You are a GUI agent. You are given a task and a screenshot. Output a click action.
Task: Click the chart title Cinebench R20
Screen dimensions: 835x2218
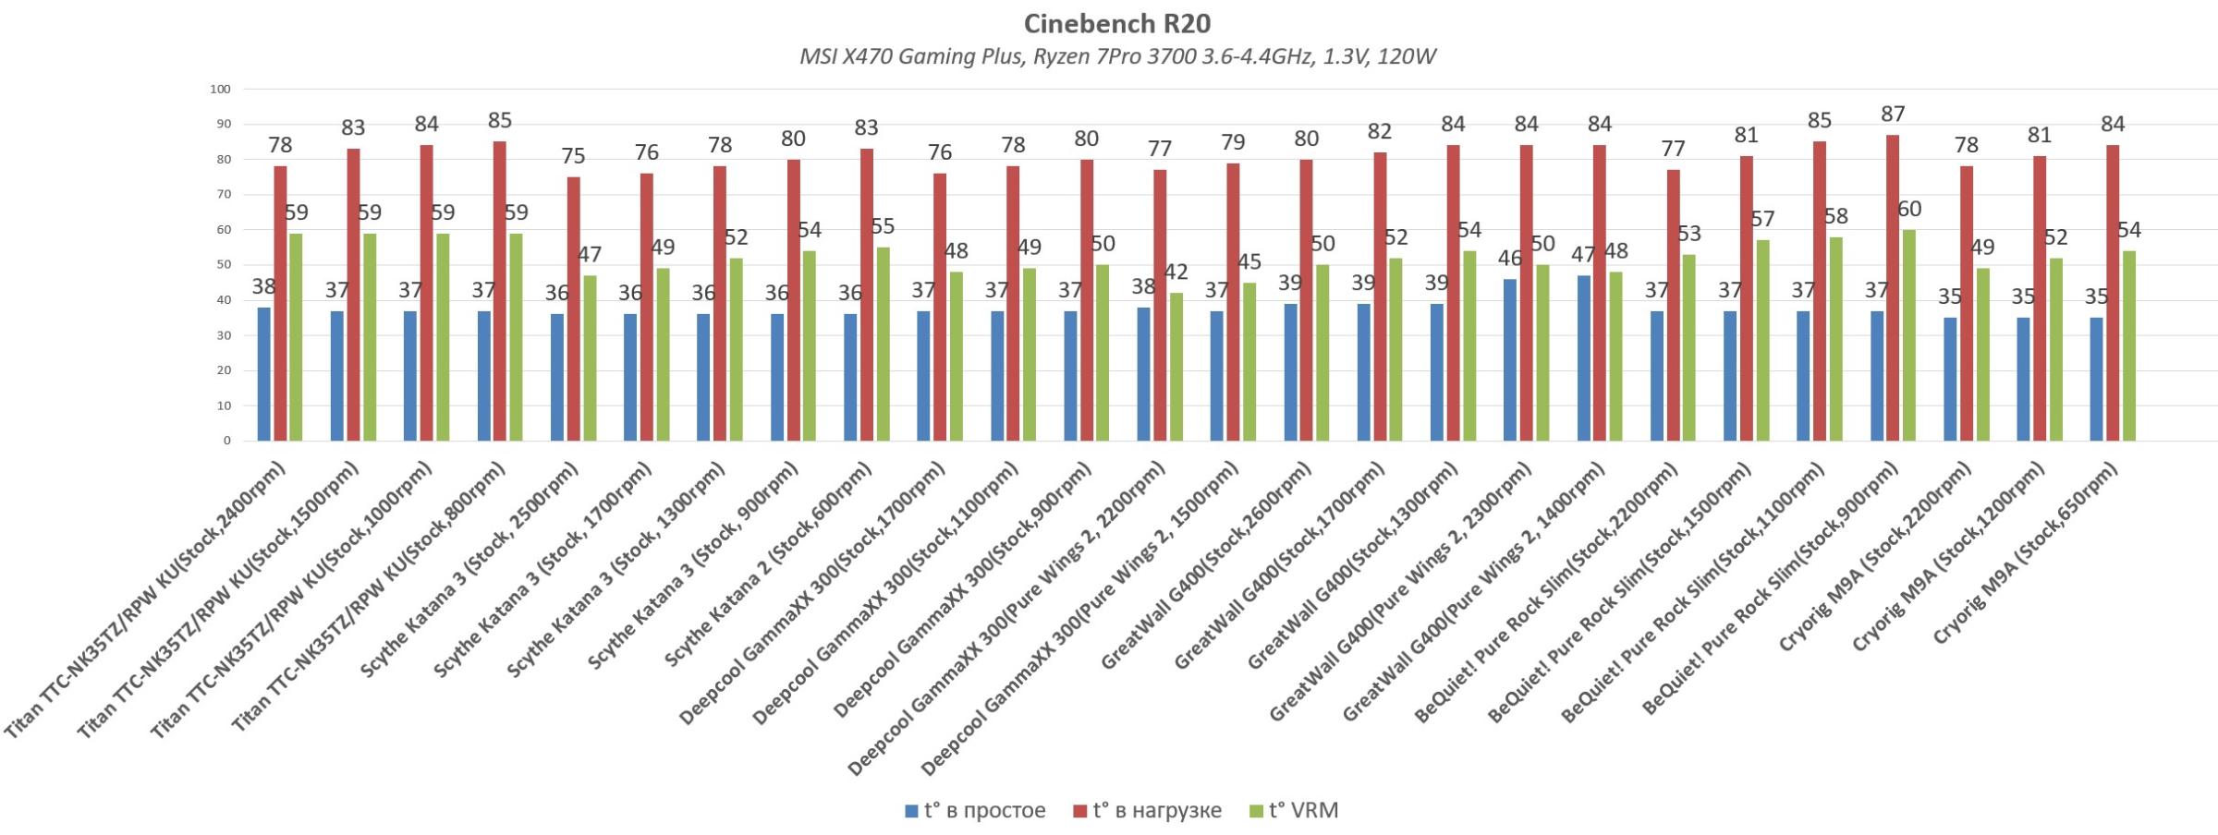pyautogui.click(x=1116, y=23)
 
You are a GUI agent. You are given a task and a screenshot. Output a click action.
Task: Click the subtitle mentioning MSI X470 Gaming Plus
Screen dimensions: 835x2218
pyautogui.click(x=1116, y=57)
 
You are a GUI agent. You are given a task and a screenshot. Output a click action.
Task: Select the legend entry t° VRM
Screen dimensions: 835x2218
pyautogui.click(x=1294, y=811)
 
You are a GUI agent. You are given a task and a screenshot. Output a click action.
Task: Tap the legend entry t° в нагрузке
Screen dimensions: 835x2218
pyautogui.click(x=1147, y=811)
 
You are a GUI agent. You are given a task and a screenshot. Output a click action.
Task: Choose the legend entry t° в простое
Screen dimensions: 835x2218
pyautogui.click(x=976, y=811)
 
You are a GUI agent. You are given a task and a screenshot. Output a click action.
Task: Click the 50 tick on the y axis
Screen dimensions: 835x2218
pyautogui.click(x=223, y=265)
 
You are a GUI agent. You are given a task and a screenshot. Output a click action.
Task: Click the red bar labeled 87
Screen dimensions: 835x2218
pyautogui.click(x=1893, y=287)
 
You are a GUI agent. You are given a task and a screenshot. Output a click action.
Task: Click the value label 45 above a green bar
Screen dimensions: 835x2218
pyautogui.click(x=1249, y=262)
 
